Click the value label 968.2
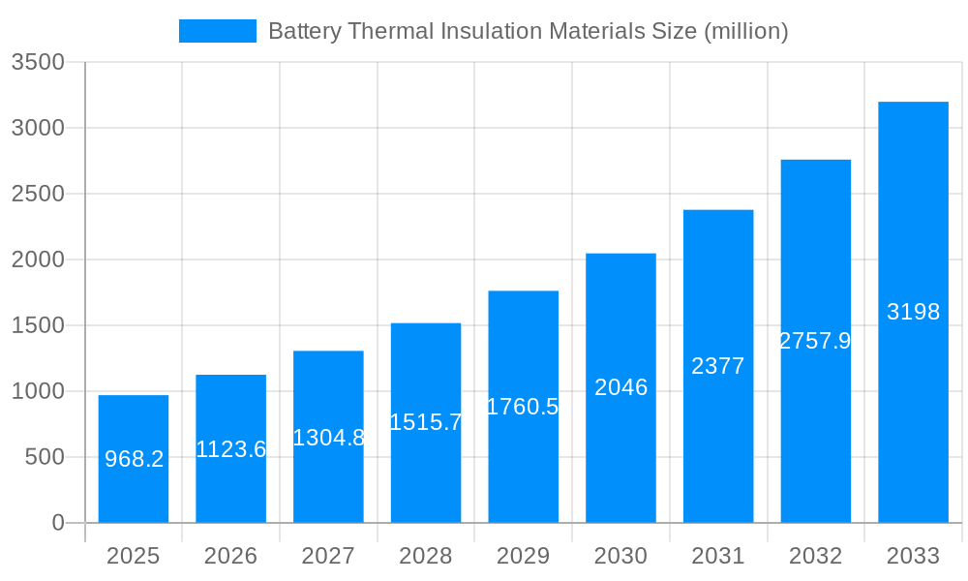[134, 459]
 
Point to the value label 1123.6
[231, 449]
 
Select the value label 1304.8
[328, 438]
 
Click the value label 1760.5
[523, 407]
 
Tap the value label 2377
[718, 366]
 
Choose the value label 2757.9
[815, 341]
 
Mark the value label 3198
[913, 312]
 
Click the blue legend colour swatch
[218, 31]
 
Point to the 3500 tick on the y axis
[38, 63]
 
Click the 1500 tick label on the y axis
[38, 325]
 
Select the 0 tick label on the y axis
[57, 523]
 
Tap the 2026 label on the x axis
[231, 556]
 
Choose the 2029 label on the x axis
[523, 556]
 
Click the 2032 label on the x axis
[815, 556]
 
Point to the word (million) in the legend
[745, 31]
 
